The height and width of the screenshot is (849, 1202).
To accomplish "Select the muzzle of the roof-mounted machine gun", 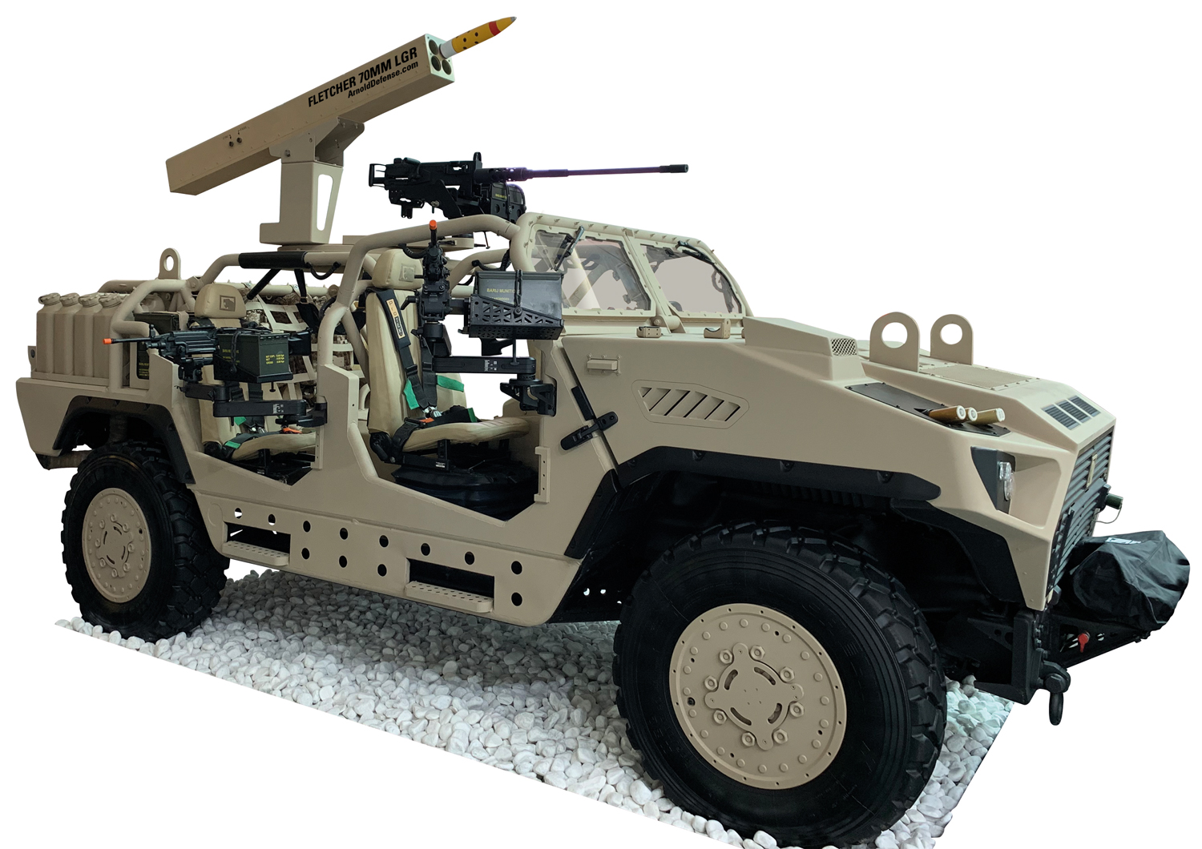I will (x=683, y=168).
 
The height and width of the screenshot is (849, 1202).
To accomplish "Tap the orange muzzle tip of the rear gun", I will (x=105, y=342).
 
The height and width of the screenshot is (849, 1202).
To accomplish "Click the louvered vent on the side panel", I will (x=688, y=403).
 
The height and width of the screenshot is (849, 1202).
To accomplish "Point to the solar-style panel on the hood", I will (x=1072, y=408).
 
